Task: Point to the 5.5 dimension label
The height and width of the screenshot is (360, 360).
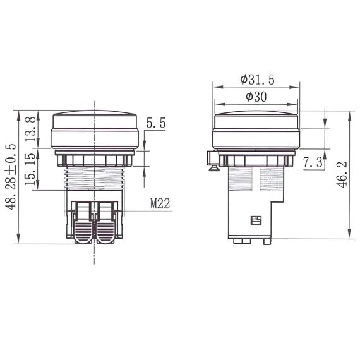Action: click(155, 124)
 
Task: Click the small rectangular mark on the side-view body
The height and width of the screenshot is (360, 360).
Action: click(256, 220)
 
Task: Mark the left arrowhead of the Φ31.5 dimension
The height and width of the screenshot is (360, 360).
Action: click(216, 87)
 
